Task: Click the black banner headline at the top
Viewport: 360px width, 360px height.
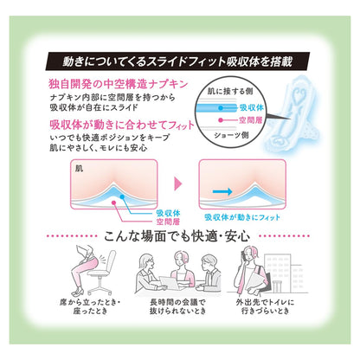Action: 177,61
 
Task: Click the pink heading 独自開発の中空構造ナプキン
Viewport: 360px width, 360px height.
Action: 119,84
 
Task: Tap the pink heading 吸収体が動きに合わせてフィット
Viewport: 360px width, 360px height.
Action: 122,125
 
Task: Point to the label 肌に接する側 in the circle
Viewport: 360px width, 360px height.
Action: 230,91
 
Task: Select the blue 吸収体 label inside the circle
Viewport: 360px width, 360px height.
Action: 252,107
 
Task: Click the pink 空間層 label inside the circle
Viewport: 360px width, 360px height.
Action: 250,119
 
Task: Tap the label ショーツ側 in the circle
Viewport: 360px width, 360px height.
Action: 231,135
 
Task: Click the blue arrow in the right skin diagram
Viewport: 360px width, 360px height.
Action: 222,191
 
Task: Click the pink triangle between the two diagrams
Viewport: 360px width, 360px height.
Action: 178,183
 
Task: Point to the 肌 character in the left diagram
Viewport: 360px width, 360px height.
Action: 79,169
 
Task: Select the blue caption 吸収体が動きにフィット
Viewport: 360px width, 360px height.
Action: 242,217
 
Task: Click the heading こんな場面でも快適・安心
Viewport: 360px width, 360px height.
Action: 177,236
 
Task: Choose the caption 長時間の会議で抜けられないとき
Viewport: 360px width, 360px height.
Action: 177,306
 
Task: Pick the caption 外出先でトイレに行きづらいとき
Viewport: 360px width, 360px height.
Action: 265,306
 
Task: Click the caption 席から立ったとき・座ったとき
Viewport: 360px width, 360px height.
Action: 90,306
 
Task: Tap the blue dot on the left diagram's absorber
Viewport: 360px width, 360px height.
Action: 122,196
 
